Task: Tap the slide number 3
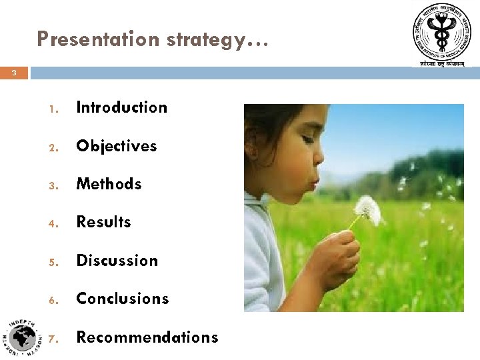click(x=14, y=73)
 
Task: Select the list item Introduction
click(x=122, y=107)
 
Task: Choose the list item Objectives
click(x=117, y=146)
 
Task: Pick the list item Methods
click(x=109, y=184)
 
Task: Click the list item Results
click(x=104, y=222)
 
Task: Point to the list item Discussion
click(x=117, y=261)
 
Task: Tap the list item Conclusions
click(x=123, y=299)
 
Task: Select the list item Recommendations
click(x=147, y=337)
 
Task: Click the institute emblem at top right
click(x=441, y=34)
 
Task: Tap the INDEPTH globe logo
click(x=24, y=337)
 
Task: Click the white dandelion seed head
click(x=367, y=210)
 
